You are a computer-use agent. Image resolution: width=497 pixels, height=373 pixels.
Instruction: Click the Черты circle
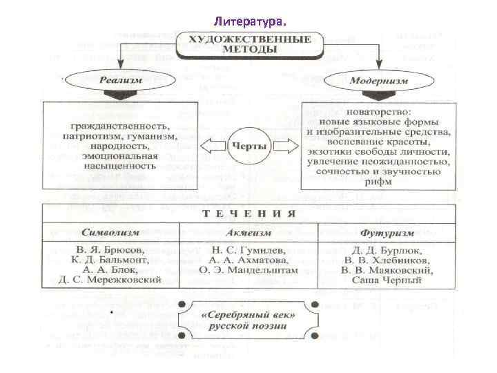(248, 146)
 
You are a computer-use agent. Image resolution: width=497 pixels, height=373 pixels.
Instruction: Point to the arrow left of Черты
(213, 146)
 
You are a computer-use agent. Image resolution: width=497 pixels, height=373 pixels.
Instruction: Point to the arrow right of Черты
(284, 146)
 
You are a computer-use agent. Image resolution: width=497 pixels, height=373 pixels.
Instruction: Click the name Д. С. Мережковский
(110, 280)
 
